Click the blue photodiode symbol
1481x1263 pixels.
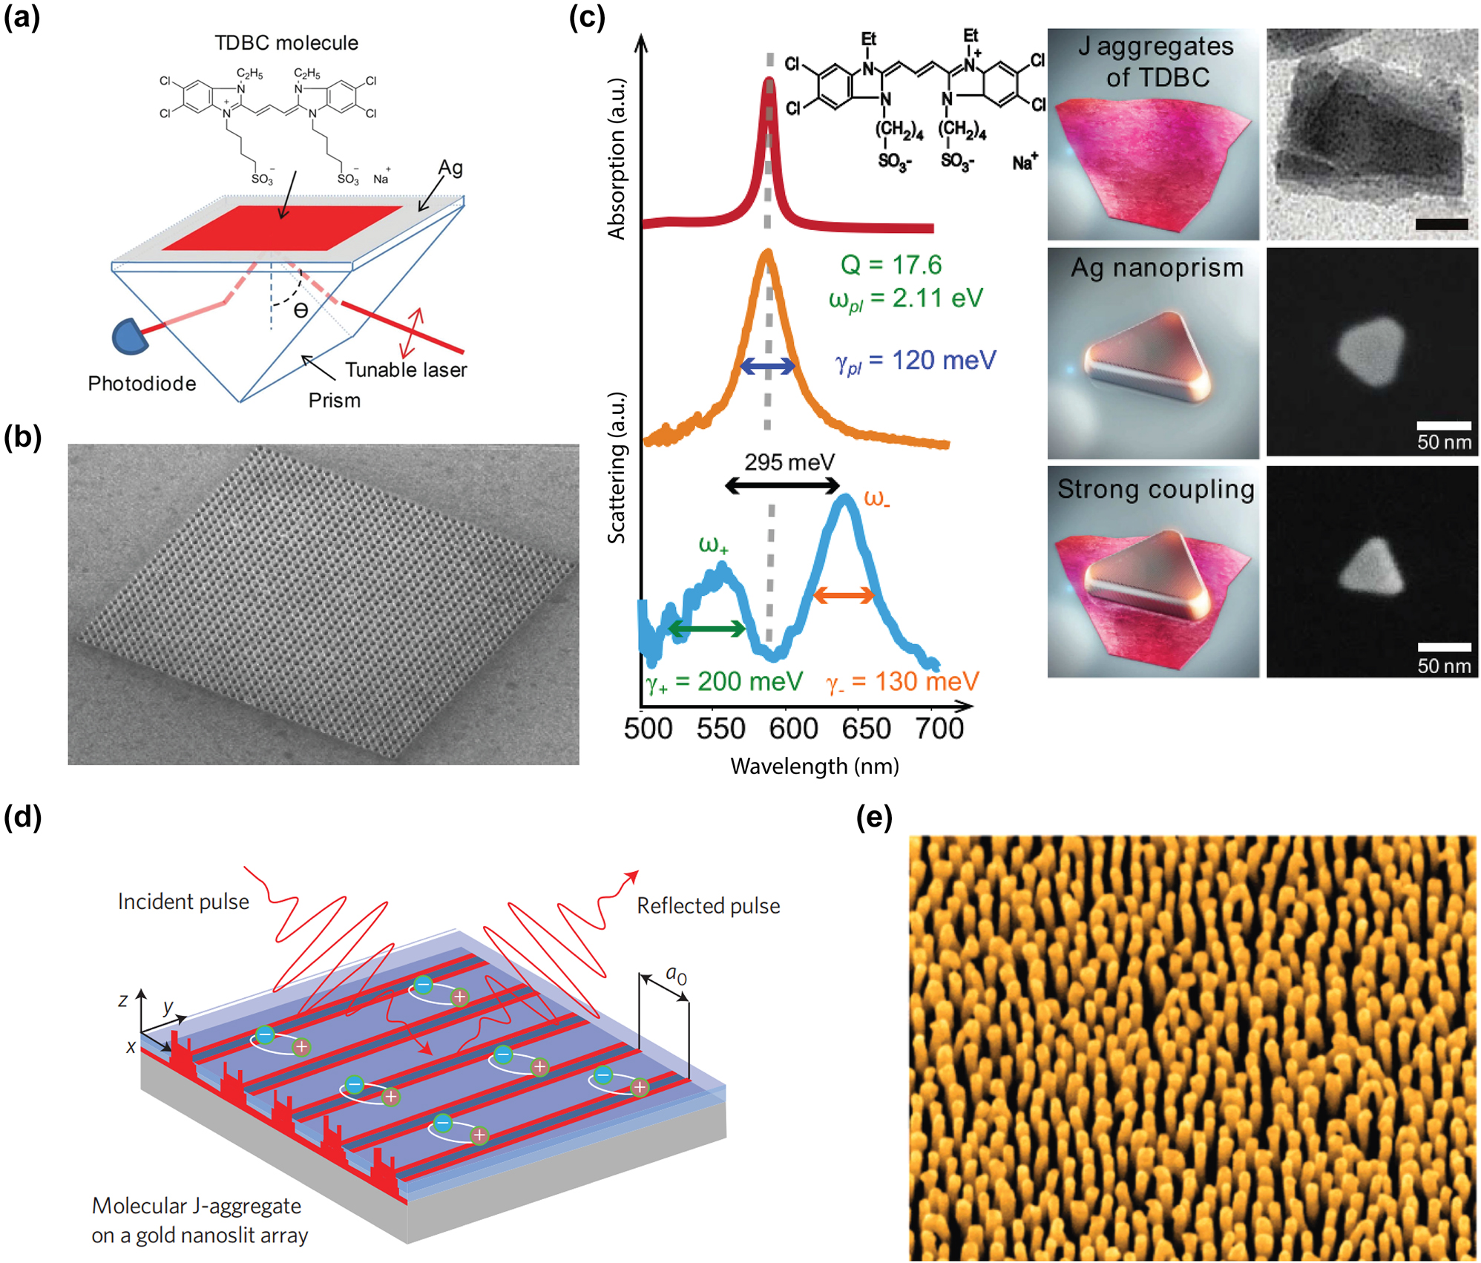coord(131,336)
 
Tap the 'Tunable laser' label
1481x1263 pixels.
coord(406,370)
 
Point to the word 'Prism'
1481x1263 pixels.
coord(334,401)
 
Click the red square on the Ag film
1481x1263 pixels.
coord(282,227)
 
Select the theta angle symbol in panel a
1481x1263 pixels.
coord(301,311)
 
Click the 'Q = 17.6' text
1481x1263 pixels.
coord(890,265)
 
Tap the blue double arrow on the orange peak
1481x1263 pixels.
coord(768,365)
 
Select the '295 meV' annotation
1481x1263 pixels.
coord(789,463)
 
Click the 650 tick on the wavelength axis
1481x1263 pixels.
coord(866,729)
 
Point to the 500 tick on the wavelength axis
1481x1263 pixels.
coord(648,729)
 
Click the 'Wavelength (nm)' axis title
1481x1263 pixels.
coord(814,767)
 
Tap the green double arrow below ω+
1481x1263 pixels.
coord(707,629)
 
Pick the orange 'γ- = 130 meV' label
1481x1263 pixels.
coord(902,681)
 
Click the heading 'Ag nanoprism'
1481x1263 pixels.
coord(1156,268)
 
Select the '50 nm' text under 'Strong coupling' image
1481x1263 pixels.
coord(1443,666)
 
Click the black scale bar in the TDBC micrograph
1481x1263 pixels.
coord(1441,224)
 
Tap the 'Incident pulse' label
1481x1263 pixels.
coord(183,902)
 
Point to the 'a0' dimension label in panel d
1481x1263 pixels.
coord(676,974)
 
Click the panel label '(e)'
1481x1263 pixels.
coord(873,817)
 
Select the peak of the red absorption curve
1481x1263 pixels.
coord(769,80)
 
